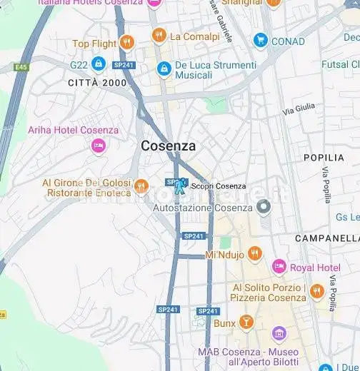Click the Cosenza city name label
click(x=168, y=146)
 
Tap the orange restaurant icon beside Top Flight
click(x=126, y=43)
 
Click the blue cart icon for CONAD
click(x=260, y=41)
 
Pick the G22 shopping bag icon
click(x=99, y=65)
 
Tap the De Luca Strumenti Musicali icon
click(x=164, y=69)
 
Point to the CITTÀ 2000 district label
click(x=97, y=83)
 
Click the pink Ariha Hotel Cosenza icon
click(x=99, y=146)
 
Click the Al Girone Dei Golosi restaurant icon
click(x=142, y=187)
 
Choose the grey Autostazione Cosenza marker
click(x=264, y=208)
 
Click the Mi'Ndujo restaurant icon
click(x=255, y=254)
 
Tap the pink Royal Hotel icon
click(x=279, y=268)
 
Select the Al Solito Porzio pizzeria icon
click(x=317, y=291)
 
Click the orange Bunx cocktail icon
click(x=246, y=322)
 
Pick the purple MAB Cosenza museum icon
click(x=279, y=333)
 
